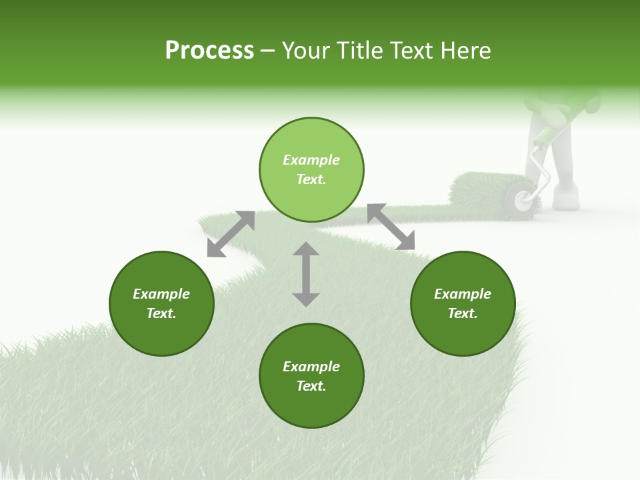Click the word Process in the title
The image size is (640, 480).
209,51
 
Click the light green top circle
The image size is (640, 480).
311,169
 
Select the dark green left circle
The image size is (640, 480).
161,303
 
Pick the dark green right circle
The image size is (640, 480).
463,303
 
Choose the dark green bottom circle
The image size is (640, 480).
311,376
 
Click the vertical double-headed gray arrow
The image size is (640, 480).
306,274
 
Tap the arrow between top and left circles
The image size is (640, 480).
231,233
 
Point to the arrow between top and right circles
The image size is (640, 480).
391,227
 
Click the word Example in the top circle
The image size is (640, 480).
311,160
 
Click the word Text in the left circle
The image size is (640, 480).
161,313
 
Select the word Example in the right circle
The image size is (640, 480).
463,294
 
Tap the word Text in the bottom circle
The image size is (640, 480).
311,386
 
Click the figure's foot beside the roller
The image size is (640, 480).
565,198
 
